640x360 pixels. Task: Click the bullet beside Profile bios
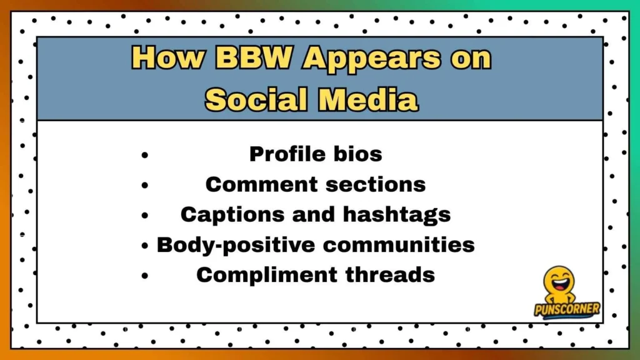pos(145,154)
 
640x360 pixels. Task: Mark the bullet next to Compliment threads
pos(145,275)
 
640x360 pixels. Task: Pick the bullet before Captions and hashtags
pos(145,215)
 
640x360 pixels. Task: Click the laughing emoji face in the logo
pos(558,282)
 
